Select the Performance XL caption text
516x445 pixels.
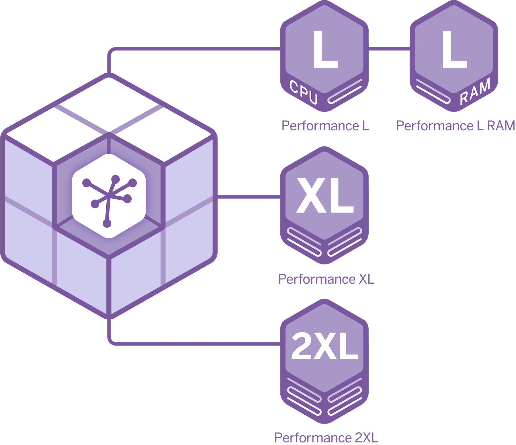pos(326,279)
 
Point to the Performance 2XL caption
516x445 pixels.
pos(326,438)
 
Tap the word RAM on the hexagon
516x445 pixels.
pos(475,93)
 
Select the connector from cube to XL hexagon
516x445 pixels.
pos(249,197)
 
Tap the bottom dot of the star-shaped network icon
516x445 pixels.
pos(107,224)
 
